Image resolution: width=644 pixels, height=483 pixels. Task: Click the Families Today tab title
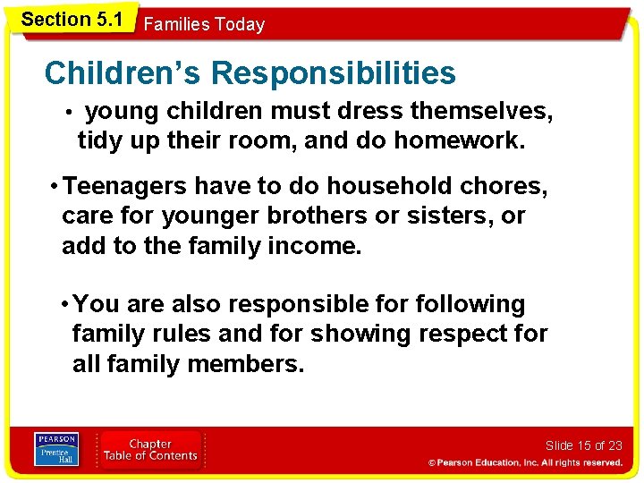[204, 24]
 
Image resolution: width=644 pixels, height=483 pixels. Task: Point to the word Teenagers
[126, 186]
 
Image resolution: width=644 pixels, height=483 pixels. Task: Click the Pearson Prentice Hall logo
[56, 449]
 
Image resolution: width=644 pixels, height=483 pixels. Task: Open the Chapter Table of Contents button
[150, 449]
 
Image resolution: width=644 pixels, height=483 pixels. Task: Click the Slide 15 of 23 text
[583, 445]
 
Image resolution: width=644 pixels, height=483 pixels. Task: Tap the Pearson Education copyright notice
[525, 462]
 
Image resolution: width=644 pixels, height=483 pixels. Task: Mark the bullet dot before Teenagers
[55, 186]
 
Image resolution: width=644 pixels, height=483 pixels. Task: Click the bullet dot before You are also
[65, 305]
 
